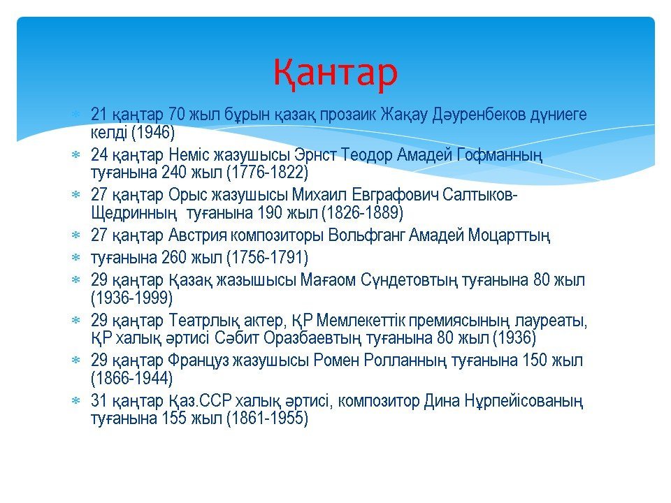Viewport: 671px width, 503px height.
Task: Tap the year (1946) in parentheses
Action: [x=153, y=132]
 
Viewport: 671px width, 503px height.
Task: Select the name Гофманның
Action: [x=499, y=155]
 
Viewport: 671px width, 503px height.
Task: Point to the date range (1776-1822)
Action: [x=267, y=172]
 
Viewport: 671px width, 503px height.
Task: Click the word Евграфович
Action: [x=395, y=195]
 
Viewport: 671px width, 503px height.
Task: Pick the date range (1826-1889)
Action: [x=362, y=212]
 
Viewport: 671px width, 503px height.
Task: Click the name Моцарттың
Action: [x=509, y=235]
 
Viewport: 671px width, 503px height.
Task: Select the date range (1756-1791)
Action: [x=267, y=258]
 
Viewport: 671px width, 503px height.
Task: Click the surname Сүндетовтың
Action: [x=409, y=280]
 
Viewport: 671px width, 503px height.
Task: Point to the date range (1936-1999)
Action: [x=132, y=298]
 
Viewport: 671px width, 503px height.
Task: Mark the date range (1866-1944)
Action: [x=132, y=378]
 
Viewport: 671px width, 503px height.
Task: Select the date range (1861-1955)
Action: [x=267, y=418]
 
